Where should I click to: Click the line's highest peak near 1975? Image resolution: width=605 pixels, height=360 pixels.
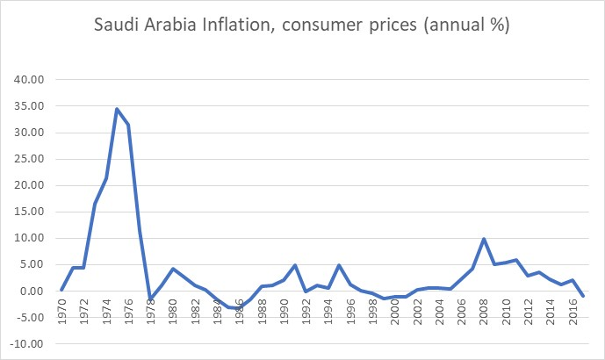[117, 109]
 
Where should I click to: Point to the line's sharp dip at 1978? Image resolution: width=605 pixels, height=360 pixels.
[150, 299]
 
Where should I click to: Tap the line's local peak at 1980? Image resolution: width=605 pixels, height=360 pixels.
[173, 269]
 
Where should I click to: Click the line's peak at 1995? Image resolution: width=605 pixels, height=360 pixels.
[339, 265]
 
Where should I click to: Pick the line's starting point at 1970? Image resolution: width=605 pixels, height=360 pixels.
[61, 290]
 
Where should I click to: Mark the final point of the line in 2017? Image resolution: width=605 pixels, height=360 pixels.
[583, 297]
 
